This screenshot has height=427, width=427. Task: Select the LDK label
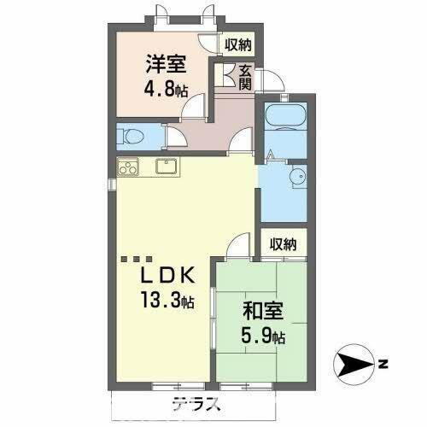(169, 276)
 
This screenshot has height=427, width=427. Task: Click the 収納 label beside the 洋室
(239, 44)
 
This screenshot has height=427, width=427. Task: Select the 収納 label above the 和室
(283, 244)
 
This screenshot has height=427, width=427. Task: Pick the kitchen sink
(165, 166)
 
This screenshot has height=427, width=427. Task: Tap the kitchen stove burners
(127, 167)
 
